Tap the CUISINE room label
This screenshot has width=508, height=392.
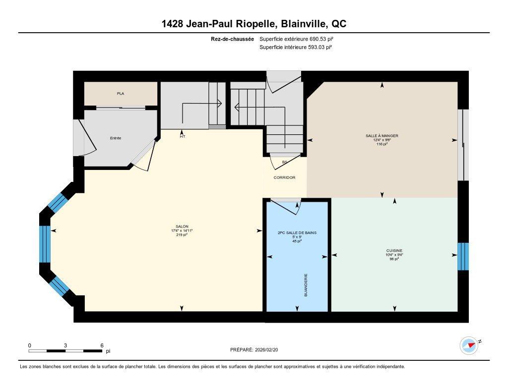click(x=395, y=250)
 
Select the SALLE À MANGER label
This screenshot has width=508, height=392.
click(x=382, y=135)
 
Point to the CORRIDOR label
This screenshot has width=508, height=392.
click(x=284, y=177)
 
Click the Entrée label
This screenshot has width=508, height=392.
click(x=116, y=138)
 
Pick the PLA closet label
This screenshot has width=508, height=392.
click(x=121, y=93)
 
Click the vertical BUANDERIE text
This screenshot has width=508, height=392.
click(x=306, y=285)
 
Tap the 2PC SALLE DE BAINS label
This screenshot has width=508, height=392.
click(x=297, y=232)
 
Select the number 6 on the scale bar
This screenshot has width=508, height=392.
click(x=102, y=345)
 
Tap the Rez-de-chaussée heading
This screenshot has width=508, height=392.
click(x=233, y=39)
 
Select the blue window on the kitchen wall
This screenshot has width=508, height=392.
click(x=462, y=256)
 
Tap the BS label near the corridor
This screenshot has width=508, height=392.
click(x=284, y=162)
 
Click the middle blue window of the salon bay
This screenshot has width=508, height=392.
click(x=45, y=244)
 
